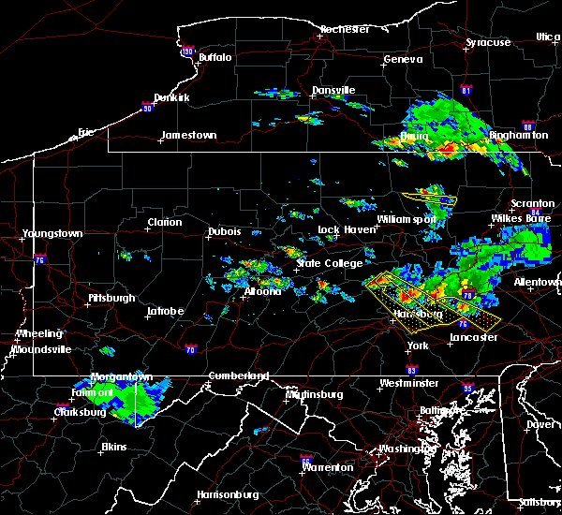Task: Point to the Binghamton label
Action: (518, 136)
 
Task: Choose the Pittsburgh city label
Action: (111, 298)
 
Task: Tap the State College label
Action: (329, 263)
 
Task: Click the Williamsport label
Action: (407, 219)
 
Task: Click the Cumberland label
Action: (238, 375)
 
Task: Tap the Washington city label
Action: (405, 449)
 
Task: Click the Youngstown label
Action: (52, 233)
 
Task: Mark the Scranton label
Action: (533, 204)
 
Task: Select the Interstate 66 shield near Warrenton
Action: (305, 460)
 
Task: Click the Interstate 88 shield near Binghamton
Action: (527, 126)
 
